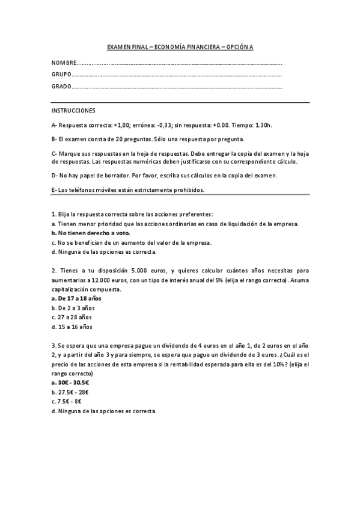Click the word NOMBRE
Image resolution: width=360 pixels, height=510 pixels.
tap(64, 63)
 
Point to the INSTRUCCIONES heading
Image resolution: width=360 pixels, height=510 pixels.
tap(73, 111)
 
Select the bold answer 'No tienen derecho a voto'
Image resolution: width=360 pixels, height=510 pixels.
tap(91, 233)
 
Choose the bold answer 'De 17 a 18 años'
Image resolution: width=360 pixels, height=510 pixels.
tap(76, 298)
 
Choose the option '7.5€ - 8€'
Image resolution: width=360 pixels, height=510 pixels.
tap(69, 402)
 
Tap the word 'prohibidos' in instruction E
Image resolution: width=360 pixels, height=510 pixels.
tap(190, 190)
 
